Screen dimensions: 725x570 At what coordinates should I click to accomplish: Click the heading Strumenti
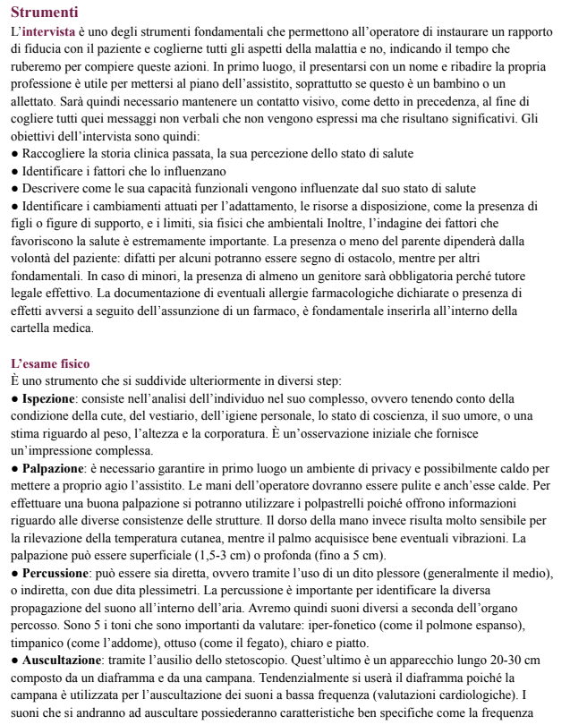[44, 13]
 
